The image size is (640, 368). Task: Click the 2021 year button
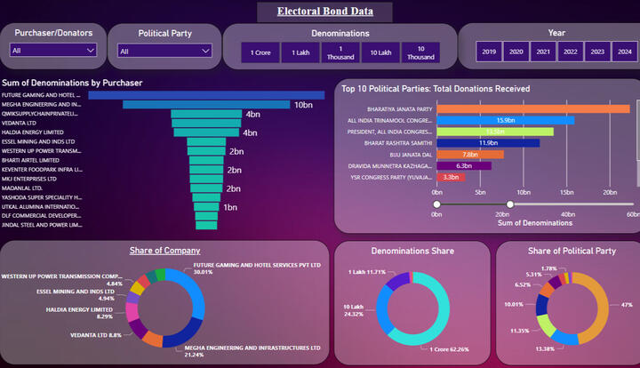point(542,52)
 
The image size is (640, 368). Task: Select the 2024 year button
point(625,52)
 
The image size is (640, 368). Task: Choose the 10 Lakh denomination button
point(381,53)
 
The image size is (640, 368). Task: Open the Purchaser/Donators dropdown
point(54,51)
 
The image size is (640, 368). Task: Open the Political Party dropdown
point(164,51)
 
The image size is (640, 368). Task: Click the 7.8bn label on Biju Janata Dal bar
point(470,155)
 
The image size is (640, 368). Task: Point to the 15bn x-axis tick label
point(566,192)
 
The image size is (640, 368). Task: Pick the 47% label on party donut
point(626,304)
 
